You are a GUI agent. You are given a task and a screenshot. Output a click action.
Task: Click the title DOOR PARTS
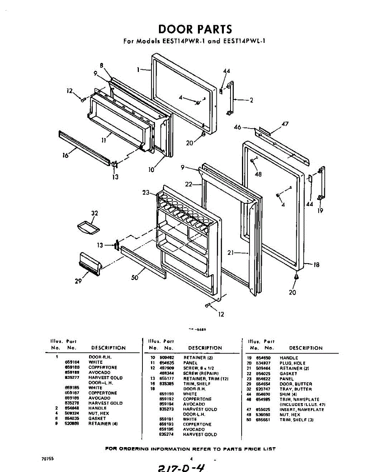pos(195,29)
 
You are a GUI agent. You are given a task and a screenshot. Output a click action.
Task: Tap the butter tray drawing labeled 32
pos(89,227)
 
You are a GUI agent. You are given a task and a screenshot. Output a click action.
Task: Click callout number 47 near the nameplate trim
pos(285,124)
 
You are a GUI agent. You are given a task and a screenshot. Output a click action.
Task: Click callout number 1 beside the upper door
pos(138,70)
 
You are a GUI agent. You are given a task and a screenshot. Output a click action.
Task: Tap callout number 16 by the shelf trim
pos(65,155)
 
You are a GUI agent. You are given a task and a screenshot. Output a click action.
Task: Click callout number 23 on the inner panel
pos(146,192)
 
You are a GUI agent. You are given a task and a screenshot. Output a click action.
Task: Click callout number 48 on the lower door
pos(258,174)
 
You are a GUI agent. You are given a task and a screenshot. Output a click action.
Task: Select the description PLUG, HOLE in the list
pos(292,363)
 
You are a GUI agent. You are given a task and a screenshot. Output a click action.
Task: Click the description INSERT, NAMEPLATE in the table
pos(302,409)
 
